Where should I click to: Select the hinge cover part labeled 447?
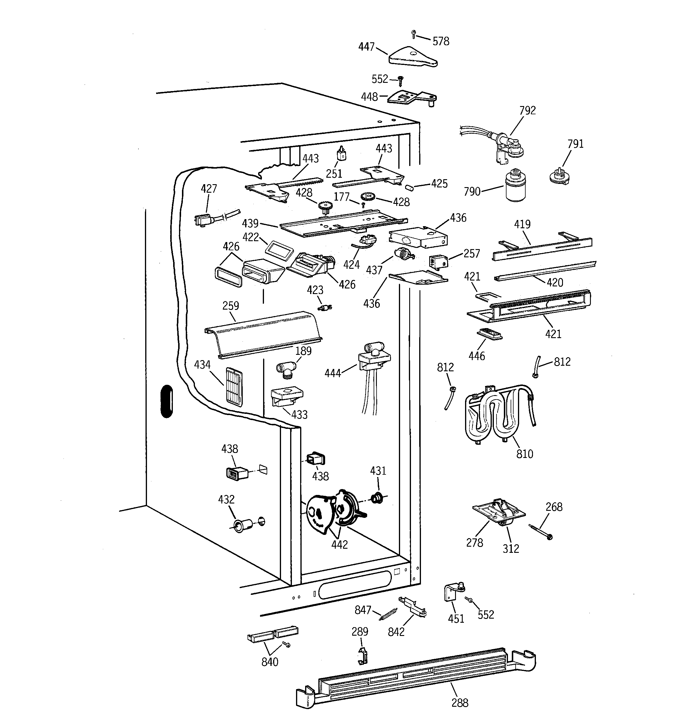412,58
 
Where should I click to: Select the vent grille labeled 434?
234,387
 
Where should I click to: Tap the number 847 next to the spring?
363,610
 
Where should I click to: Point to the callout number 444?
332,373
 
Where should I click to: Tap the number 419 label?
522,224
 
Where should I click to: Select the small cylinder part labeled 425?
409,187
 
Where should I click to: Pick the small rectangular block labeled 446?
489,334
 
